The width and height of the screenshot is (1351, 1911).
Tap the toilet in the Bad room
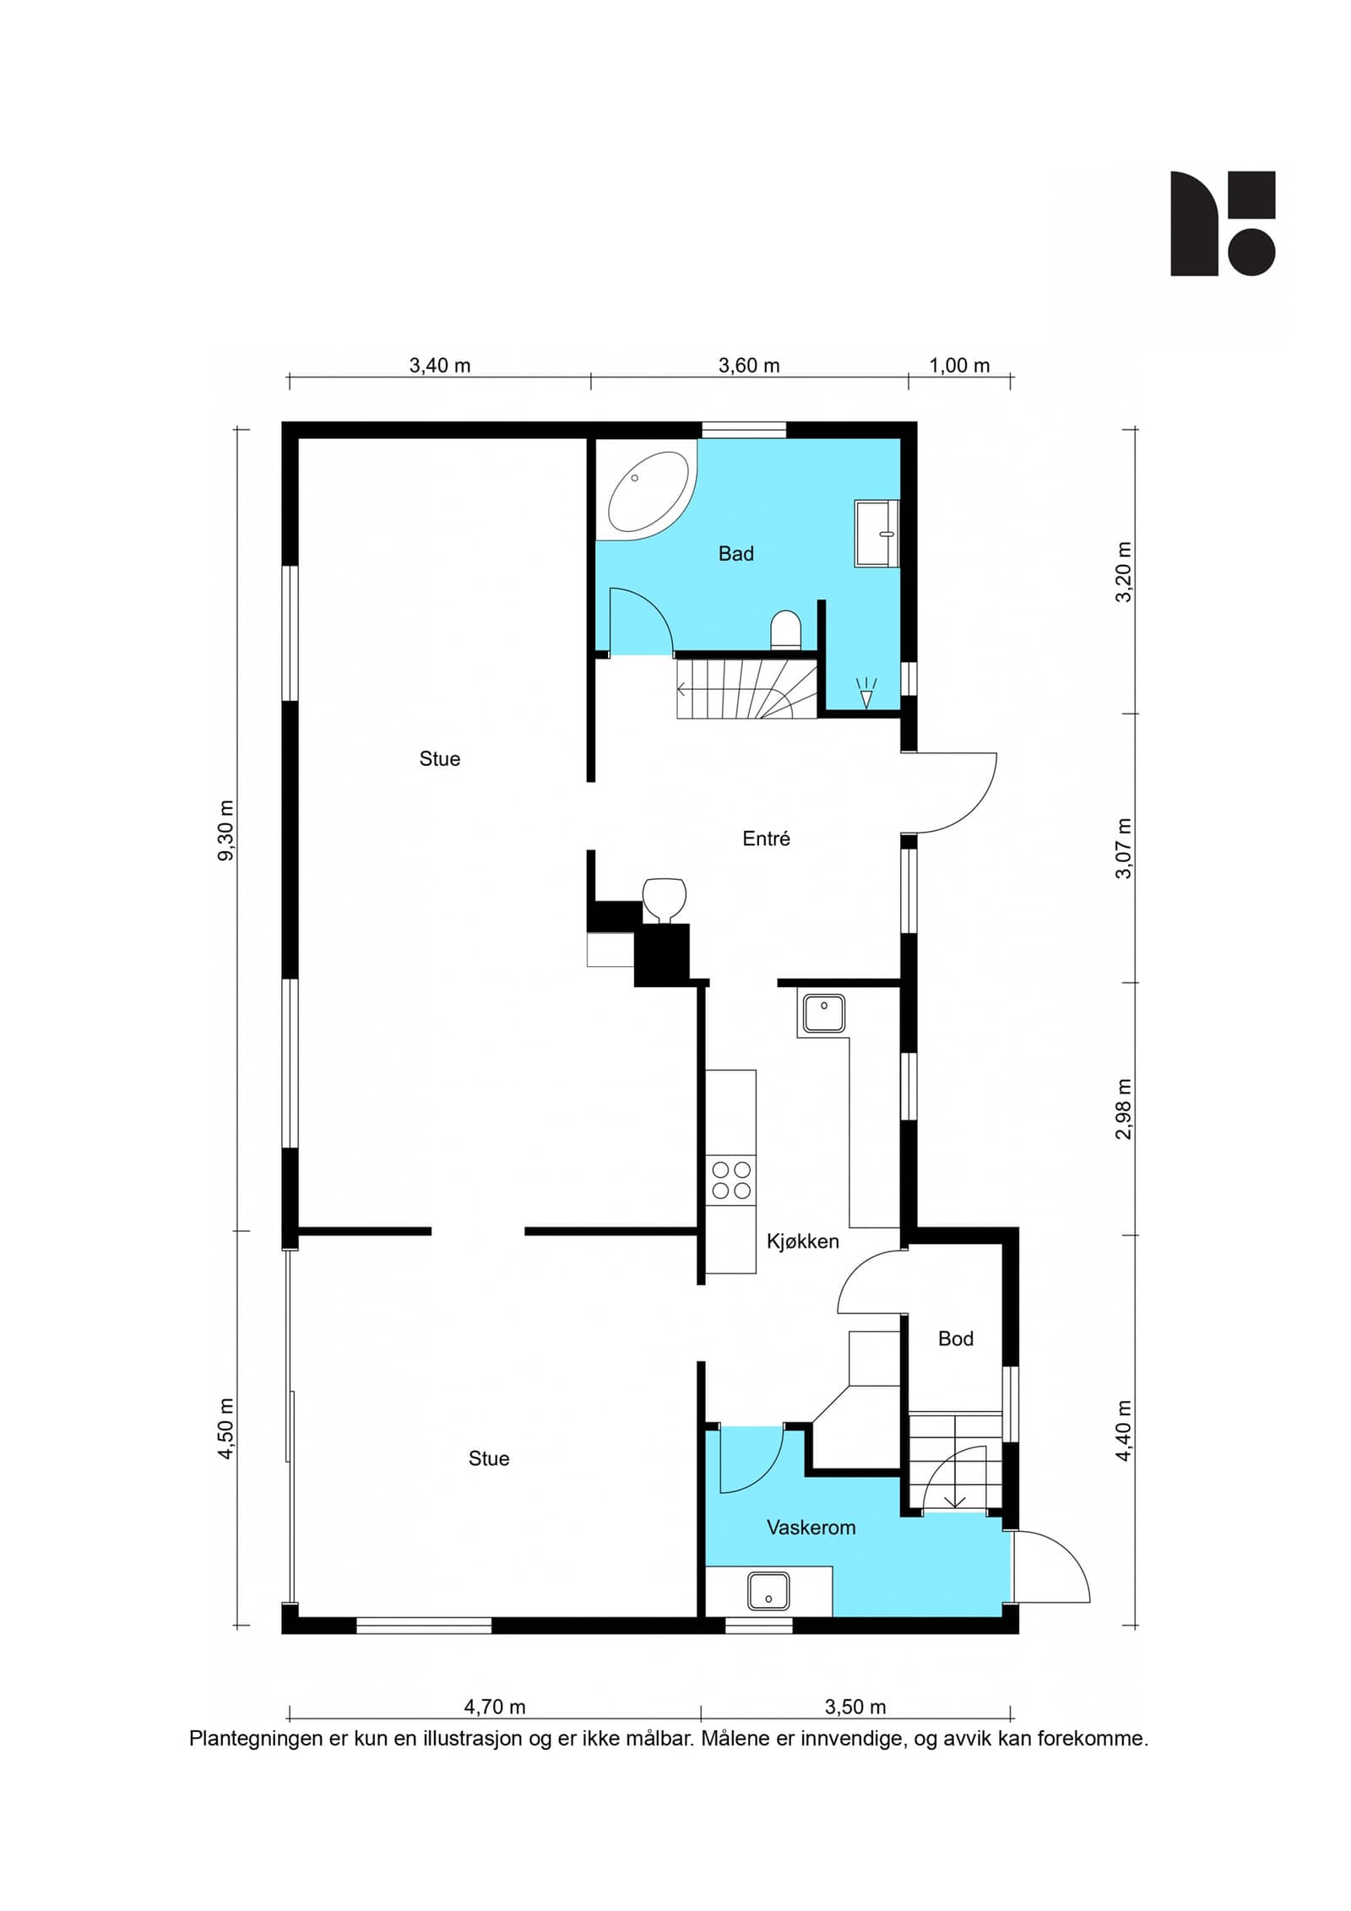(785, 630)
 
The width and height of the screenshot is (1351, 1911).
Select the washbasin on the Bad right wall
(876, 533)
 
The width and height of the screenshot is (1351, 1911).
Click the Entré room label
(766, 839)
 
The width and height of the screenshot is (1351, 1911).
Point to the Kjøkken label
(802, 1241)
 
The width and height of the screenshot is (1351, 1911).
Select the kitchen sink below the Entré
(823, 1013)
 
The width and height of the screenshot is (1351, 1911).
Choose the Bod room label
(956, 1338)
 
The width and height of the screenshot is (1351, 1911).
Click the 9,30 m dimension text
(226, 830)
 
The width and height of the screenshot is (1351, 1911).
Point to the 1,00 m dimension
(959, 366)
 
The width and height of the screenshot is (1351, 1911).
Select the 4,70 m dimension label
(495, 1707)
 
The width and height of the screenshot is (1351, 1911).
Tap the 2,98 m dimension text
(1123, 1109)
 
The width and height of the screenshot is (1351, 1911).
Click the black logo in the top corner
(1223, 224)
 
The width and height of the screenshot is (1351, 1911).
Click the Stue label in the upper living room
(440, 759)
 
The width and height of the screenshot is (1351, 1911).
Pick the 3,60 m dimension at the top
(749, 366)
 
